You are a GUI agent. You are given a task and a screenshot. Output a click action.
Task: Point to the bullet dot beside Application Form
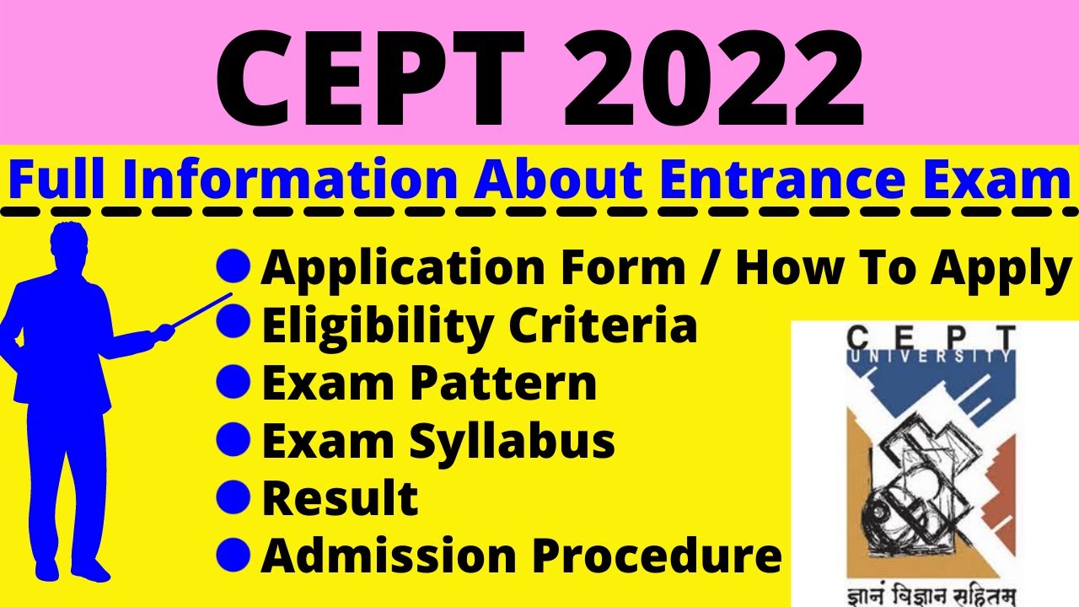pyautogui.click(x=234, y=267)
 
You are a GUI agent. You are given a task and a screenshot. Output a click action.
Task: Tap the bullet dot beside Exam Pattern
pyautogui.click(x=234, y=383)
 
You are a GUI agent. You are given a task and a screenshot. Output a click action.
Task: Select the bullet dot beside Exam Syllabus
pyautogui.click(x=234, y=438)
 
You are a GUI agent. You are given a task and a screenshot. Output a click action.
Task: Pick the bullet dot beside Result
pyautogui.click(x=234, y=496)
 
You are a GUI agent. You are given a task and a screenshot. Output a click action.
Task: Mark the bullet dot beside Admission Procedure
pyautogui.click(x=234, y=553)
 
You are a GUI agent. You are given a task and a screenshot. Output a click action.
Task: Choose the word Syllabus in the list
pyautogui.click(x=514, y=441)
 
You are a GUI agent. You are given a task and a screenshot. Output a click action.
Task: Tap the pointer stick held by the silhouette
pyautogui.click(x=202, y=309)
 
